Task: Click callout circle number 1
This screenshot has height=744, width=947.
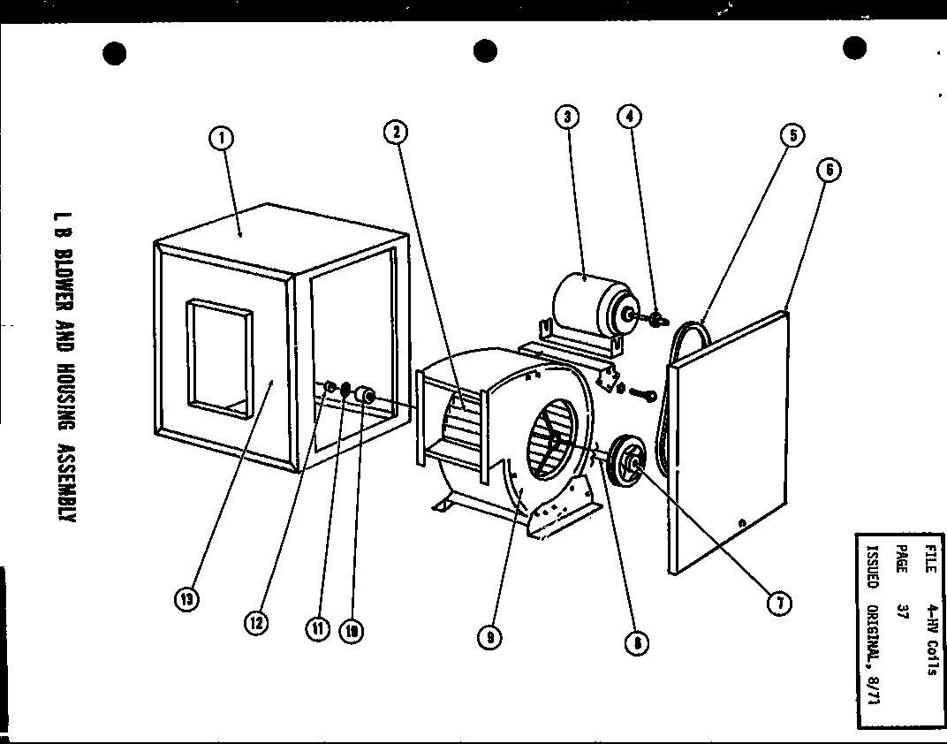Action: (x=221, y=138)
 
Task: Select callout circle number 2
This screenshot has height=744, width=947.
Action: (x=395, y=132)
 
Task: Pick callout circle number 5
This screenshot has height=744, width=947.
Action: (x=792, y=135)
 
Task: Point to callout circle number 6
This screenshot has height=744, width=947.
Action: (x=829, y=170)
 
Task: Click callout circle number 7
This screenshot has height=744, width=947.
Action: (x=778, y=604)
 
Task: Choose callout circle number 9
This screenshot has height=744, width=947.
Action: (x=489, y=637)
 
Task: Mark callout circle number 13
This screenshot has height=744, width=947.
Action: (x=186, y=599)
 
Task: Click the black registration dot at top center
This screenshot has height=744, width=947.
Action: (x=485, y=51)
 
